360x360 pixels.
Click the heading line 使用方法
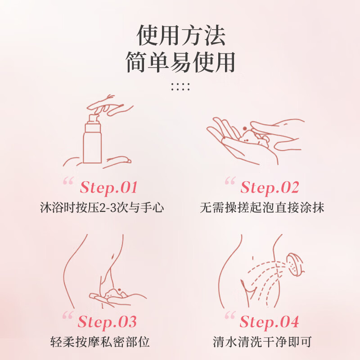181,36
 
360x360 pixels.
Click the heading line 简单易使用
181,62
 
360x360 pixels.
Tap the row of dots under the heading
180,86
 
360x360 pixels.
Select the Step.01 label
108,187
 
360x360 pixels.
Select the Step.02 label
270,187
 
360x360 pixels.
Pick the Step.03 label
107,322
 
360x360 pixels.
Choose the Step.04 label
269,322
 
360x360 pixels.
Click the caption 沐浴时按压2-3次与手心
102,208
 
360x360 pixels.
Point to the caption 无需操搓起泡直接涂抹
262,208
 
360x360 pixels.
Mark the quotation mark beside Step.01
68,181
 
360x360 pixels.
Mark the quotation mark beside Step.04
230,316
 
